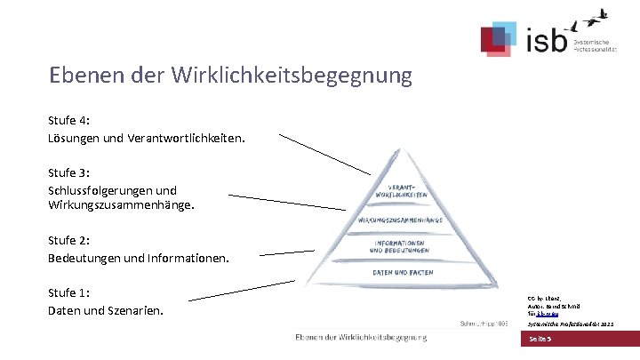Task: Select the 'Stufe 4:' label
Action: click(x=68, y=121)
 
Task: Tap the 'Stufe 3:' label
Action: click(x=68, y=172)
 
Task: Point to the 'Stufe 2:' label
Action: click(x=68, y=240)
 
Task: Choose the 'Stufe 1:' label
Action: click(x=68, y=292)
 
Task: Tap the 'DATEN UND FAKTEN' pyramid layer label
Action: click(x=402, y=273)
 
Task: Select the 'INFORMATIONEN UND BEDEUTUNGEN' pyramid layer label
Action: click(x=400, y=246)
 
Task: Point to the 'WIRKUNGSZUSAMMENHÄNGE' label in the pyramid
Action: click(x=402, y=219)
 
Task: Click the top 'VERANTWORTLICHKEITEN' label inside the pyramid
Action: click(x=403, y=189)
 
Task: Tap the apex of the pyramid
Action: click(x=396, y=150)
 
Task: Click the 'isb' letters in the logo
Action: click(x=544, y=41)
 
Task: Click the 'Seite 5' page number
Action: click(x=541, y=340)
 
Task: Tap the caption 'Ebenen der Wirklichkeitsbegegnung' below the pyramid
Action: click(x=361, y=337)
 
